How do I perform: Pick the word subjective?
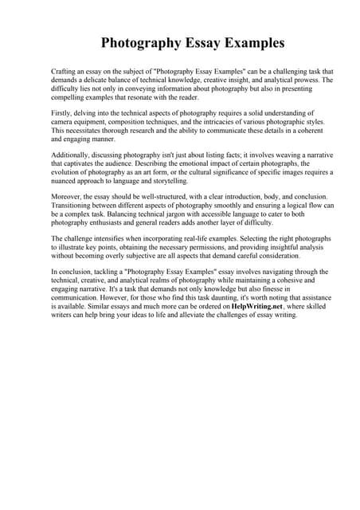[x=153, y=256]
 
